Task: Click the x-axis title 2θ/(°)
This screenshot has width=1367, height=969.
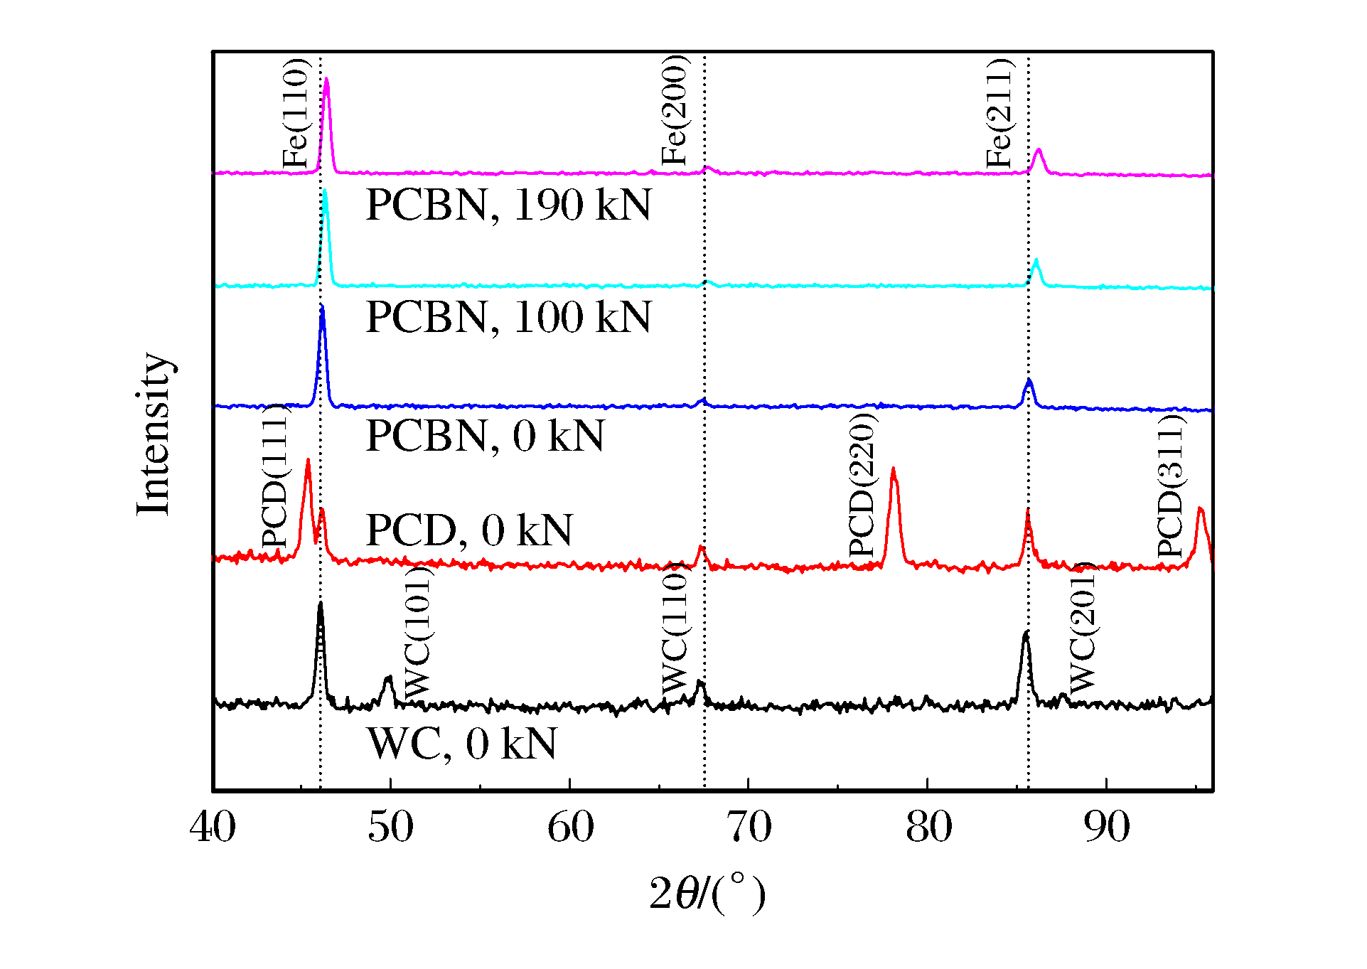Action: [707, 894]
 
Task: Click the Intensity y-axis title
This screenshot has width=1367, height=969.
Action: [154, 433]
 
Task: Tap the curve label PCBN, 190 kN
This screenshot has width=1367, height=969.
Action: [508, 205]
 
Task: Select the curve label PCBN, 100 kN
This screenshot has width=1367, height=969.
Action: [508, 317]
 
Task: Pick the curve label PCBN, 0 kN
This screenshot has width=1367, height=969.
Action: [485, 436]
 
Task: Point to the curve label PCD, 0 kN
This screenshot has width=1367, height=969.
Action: [469, 530]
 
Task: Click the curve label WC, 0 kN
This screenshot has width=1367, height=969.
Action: [462, 744]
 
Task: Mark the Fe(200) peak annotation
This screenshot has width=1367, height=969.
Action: [674, 110]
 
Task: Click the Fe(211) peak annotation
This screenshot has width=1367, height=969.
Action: [999, 114]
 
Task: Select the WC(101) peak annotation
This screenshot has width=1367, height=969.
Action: [418, 632]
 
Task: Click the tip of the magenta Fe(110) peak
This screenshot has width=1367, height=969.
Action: [326, 79]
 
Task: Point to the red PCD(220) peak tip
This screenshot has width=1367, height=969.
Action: [893, 469]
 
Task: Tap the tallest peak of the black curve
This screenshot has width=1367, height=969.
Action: [320, 603]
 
